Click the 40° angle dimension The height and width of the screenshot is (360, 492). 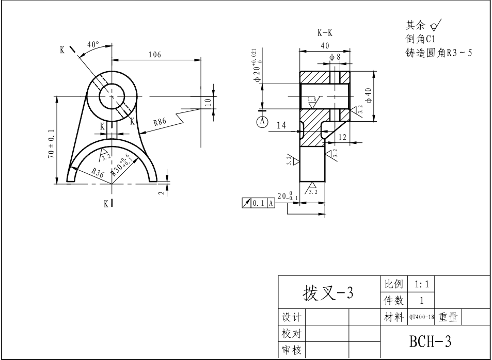pos(93,45)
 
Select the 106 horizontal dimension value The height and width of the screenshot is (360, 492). pos(154,55)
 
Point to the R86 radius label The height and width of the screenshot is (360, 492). pos(160,122)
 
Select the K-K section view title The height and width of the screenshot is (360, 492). pos(325,33)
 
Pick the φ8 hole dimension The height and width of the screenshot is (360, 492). pos(335,57)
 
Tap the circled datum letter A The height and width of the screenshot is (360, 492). pos(262,121)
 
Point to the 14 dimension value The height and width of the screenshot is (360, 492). pos(281,125)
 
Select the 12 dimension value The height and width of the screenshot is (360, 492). pos(342,137)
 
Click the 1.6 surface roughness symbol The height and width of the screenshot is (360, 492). pos(312,100)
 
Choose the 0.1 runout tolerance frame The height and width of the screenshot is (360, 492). pos(259,203)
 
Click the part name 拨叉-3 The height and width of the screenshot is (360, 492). pos(327,292)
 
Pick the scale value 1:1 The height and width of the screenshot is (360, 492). pos(421,284)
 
